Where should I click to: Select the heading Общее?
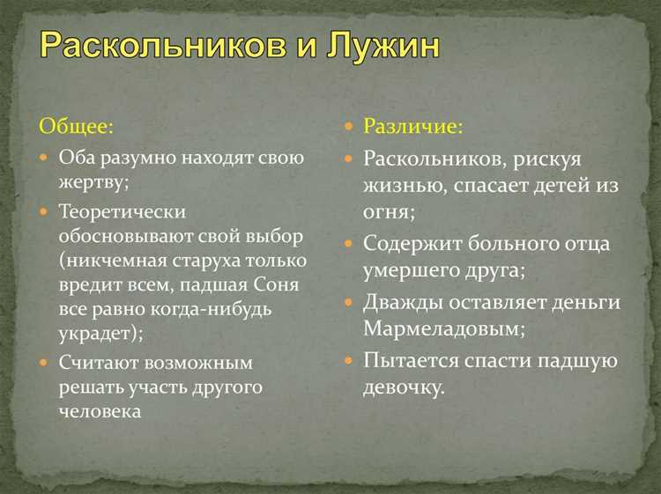point(76,126)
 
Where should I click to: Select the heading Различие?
point(413,126)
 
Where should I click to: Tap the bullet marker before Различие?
point(347,127)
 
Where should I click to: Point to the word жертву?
point(93,182)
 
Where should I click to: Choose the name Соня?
point(278,285)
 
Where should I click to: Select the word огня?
point(386,212)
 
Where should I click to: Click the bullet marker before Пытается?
point(347,360)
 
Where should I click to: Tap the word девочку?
point(404,387)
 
